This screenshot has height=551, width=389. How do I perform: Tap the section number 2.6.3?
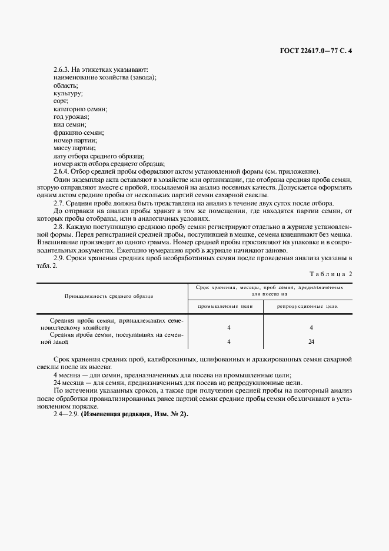(x=61, y=70)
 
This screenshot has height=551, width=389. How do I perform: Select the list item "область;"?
(x=65, y=86)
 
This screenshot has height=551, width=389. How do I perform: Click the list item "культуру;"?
(x=68, y=94)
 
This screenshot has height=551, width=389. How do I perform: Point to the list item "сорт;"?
(x=61, y=101)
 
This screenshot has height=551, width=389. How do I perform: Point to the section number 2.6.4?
(x=61, y=171)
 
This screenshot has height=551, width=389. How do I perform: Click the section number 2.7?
(x=59, y=202)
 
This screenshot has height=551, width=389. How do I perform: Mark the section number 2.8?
(x=59, y=225)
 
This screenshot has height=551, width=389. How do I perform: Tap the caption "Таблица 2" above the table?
(x=330, y=274)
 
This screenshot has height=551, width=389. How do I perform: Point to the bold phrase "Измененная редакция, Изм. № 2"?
(x=134, y=414)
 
